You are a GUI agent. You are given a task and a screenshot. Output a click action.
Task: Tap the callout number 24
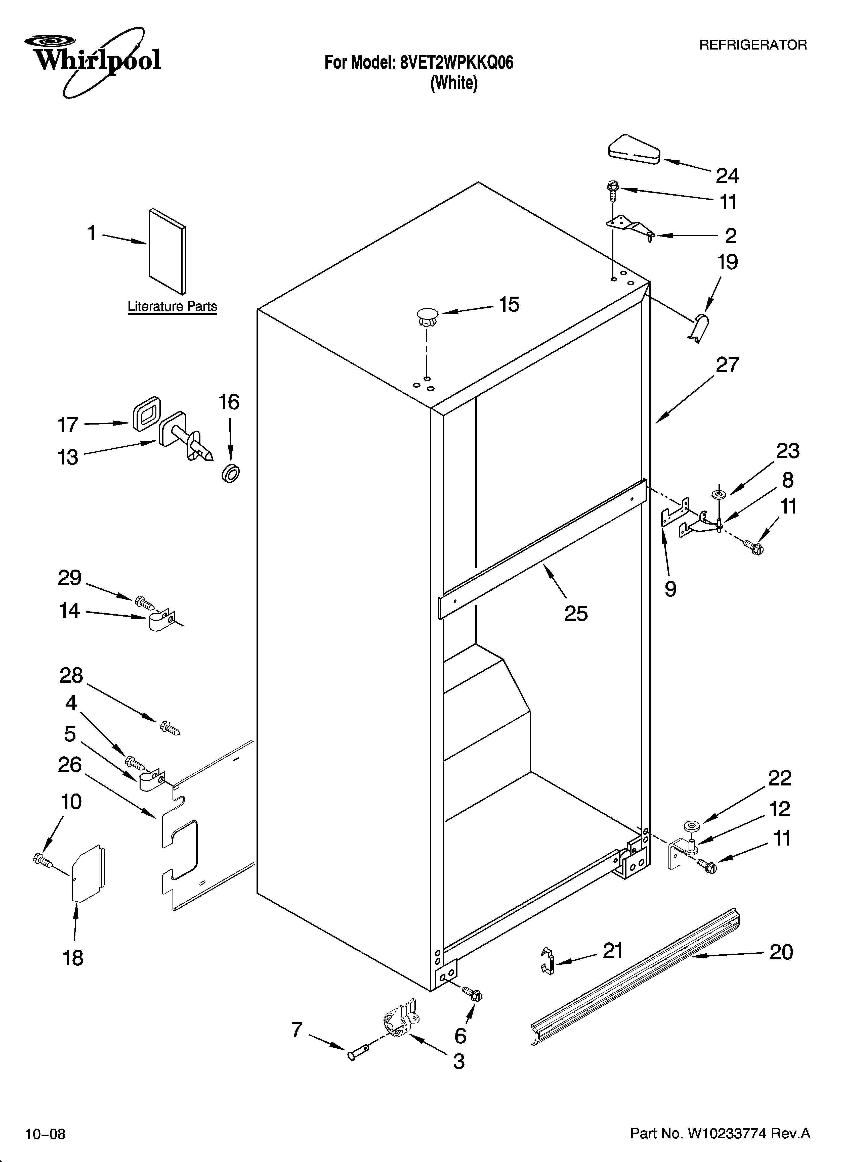727,176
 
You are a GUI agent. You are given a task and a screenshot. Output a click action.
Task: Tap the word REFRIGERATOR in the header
753,45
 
